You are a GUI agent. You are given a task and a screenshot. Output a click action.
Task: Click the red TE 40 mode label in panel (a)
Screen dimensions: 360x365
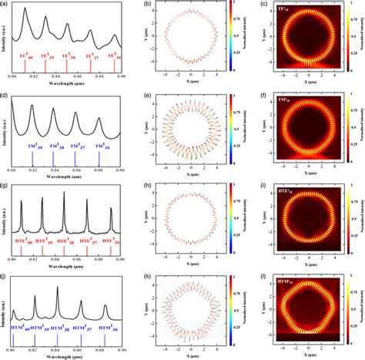(x=25, y=56)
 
